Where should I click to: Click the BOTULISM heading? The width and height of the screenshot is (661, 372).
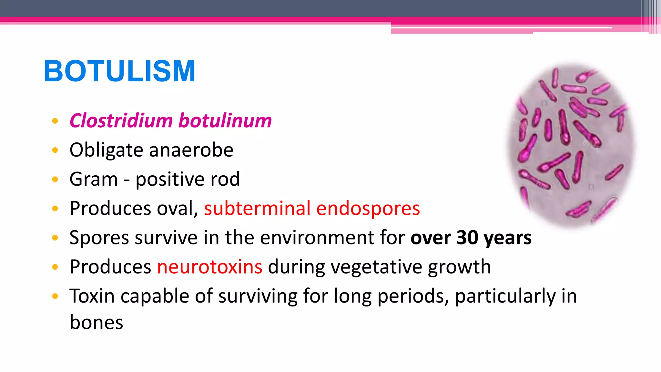coord(119,71)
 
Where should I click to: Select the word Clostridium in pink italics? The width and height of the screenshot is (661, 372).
coord(121,121)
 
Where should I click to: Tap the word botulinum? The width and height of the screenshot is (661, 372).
coord(225,121)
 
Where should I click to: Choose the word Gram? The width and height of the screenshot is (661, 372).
coord(94,179)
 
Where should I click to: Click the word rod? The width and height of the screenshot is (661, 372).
coord(225,179)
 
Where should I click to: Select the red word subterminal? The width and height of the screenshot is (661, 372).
coord(257,208)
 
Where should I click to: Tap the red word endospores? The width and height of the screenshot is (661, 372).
coord(368,208)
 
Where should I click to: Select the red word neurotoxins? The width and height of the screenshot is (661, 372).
coord(209,267)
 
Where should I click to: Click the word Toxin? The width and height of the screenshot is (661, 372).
coord(92,296)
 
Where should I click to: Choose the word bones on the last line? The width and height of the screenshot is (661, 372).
coord(96,323)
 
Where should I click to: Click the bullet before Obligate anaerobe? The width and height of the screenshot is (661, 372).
coord(55,150)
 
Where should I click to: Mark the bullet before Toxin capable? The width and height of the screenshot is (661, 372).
coord(55,296)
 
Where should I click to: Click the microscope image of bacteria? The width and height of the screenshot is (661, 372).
coord(570,145)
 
